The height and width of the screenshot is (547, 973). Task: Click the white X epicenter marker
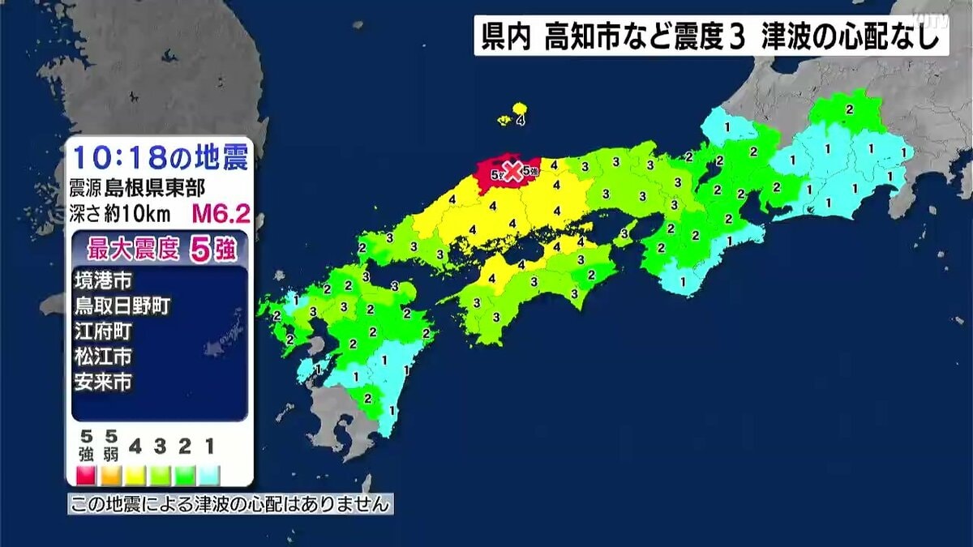pos(512,170)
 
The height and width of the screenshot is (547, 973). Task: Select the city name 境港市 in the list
pos(103,280)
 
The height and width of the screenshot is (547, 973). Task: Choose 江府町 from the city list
pos(103,331)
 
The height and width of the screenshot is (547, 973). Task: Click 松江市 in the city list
pos(103,356)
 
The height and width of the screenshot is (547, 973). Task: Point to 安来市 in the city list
pos(103,381)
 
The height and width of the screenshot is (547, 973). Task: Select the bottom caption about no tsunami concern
pos(230,504)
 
